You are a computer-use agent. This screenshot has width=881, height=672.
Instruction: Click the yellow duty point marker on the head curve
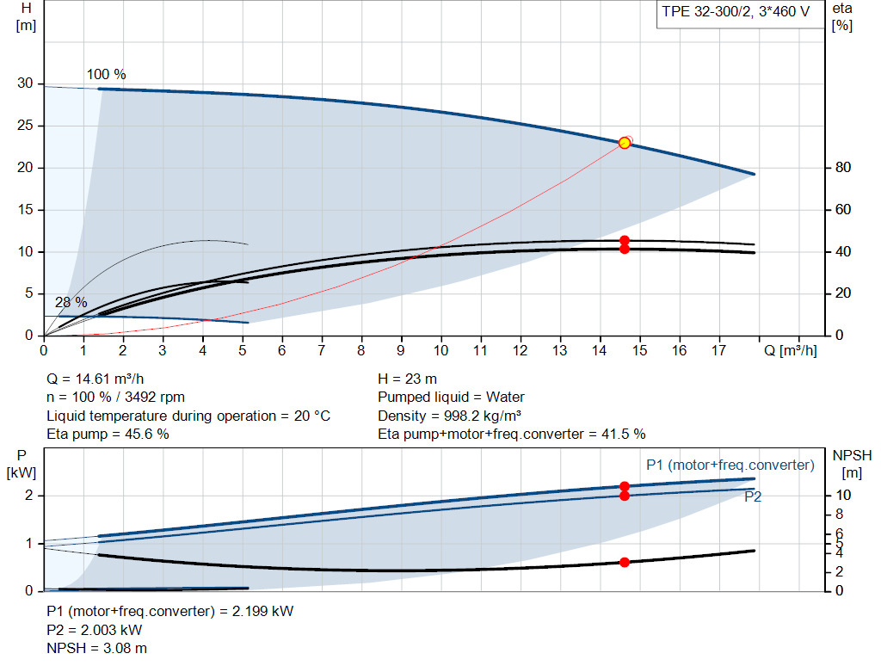pos(625,143)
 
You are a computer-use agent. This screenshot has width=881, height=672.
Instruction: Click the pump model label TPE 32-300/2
pos(736,13)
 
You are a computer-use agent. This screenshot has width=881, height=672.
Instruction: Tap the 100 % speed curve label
pos(106,74)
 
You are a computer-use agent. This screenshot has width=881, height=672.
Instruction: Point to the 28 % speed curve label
pos(71,303)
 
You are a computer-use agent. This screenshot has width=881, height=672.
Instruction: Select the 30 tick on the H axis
pos(25,83)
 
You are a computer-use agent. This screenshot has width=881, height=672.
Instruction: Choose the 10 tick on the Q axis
pos(440,350)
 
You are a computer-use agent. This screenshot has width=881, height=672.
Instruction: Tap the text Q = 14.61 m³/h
pos(96,379)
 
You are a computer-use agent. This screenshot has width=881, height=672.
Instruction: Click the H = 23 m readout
pos(409,379)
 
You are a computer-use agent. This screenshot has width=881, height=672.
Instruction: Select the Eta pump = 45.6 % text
pos(108,435)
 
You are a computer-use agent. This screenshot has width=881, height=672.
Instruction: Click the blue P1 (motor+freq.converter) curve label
pos(730,465)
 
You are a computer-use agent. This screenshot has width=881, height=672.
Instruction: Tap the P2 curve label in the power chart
pos(753,496)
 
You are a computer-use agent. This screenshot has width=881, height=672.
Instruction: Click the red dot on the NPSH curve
pos(625,562)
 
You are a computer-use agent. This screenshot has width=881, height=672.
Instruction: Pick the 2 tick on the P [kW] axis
pos(28,496)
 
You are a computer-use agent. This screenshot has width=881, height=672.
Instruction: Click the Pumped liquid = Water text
pos(451,398)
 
